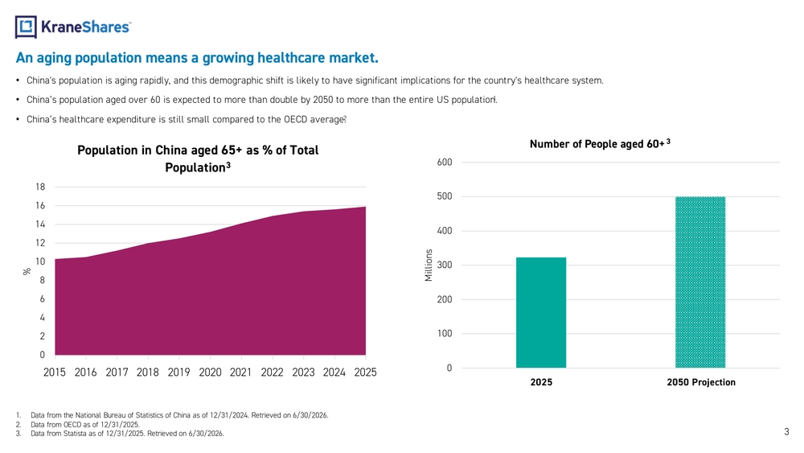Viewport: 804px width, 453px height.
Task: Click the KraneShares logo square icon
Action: pyautogui.click(x=26, y=27)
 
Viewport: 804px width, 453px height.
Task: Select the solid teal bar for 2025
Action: pyautogui.click(x=541, y=312)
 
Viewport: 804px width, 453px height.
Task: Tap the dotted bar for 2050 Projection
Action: pyautogui.click(x=700, y=282)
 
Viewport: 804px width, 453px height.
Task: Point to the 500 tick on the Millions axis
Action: pyautogui.click(x=444, y=196)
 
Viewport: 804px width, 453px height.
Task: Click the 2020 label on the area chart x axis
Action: pyautogui.click(x=210, y=373)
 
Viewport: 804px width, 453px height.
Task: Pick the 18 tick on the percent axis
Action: pyautogui.click(x=40, y=187)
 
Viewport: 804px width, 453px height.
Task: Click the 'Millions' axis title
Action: pyautogui.click(x=429, y=266)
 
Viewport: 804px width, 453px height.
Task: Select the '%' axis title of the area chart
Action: pyautogui.click(x=27, y=271)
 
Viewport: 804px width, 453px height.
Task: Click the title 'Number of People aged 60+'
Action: pyautogui.click(x=597, y=144)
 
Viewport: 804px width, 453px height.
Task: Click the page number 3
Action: pyautogui.click(x=786, y=432)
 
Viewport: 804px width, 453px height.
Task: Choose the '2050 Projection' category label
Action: pyautogui.click(x=701, y=382)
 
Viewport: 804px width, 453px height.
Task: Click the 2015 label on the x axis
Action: pyautogui.click(x=55, y=373)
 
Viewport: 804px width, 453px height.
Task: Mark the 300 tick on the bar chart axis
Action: pyautogui.click(x=444, y=266)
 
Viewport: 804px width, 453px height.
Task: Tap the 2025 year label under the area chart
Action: pyautogui.click(x=365, y=373)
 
